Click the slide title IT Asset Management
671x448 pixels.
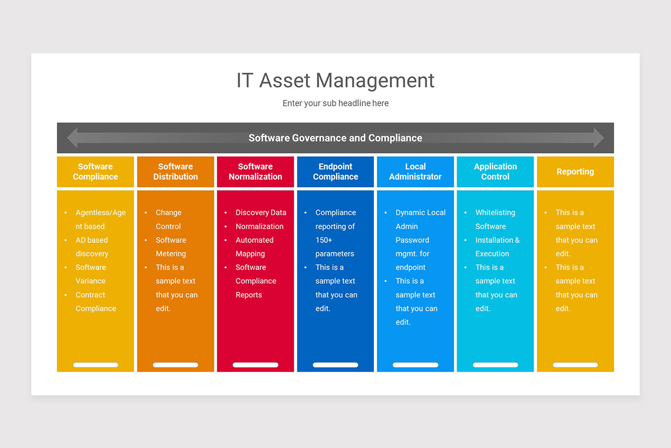[335, 81]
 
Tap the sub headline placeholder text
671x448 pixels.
[335, 103]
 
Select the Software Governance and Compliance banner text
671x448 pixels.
[335, 138]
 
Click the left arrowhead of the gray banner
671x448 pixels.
[72, 138]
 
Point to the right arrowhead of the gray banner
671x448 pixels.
[598, 138]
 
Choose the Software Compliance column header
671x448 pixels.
[95, 171]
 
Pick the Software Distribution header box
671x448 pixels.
[176, 171]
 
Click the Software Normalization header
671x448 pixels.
[256, 171]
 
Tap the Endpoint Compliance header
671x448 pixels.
[335, 171]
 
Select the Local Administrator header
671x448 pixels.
[415, 171]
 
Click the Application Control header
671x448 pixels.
[495, 171]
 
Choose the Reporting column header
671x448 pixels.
[575, 172]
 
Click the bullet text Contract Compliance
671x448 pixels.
[96, 302]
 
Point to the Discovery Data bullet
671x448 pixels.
[261, 213]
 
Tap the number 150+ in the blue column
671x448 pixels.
[324, 240]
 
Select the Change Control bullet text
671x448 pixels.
[168, 220]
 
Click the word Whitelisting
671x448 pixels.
[495, 213]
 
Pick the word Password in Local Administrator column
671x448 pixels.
[412, 240]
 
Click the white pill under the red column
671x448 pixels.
[256, 365]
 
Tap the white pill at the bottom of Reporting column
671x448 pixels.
[575, 365]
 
